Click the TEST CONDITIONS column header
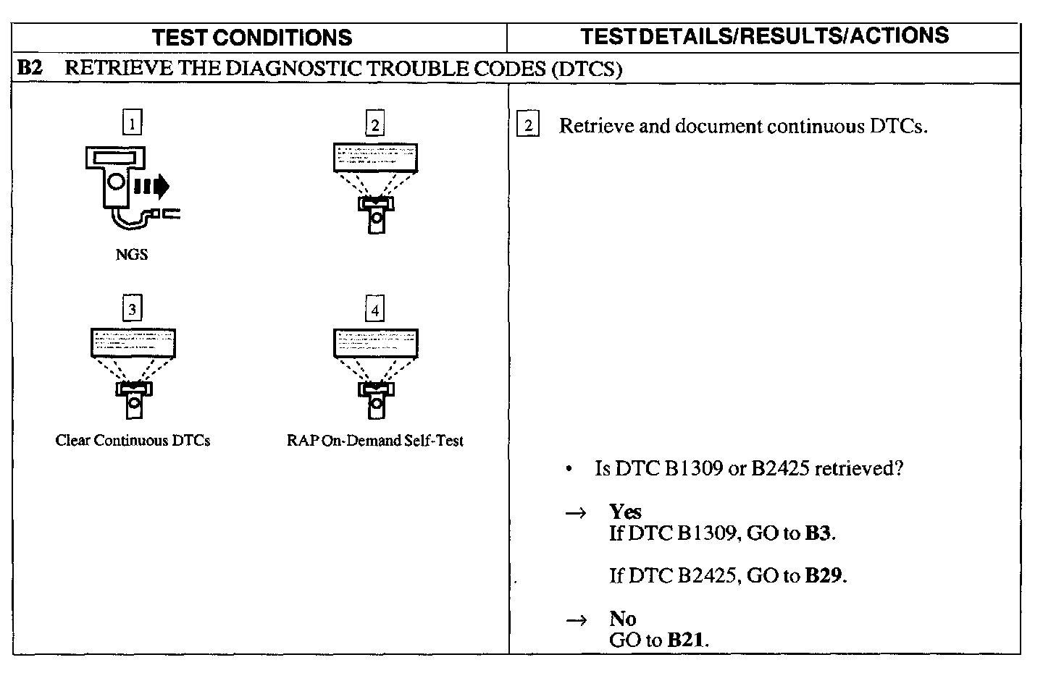253,38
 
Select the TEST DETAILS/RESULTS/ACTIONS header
765,36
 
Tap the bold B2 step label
30,69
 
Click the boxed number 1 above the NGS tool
132,123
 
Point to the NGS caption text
131,255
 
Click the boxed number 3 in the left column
132,310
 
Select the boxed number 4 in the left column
374,310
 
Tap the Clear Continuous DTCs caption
133,441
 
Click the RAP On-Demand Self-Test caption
374,441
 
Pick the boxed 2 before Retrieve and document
528,126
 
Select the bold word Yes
625,512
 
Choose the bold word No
622,619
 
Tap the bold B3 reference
818,534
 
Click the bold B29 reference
824,576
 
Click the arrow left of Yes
575,513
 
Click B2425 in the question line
779,469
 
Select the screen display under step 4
375,343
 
